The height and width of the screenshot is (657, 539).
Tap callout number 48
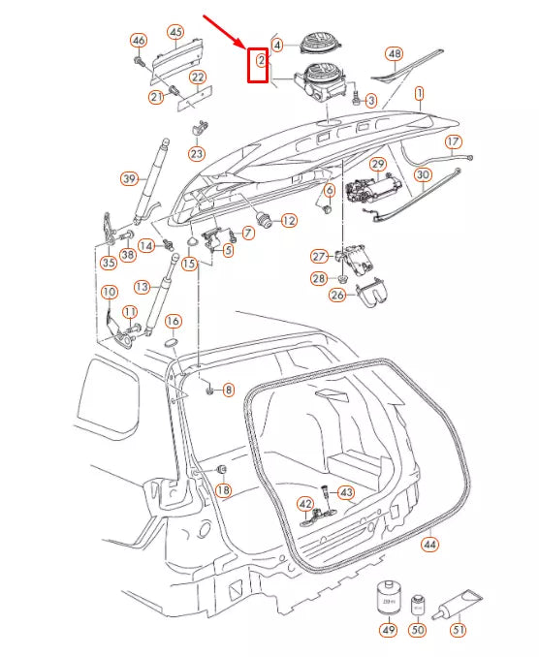[394, 53]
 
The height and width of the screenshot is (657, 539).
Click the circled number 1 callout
[420, 94]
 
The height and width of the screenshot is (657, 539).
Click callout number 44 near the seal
[429, 545]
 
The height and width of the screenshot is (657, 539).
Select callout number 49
[388, 630]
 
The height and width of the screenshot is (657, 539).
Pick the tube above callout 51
[458, 606]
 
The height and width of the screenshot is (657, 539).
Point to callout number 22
[197, 77]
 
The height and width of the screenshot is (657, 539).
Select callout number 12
[288, 221]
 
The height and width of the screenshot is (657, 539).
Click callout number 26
[336, 295]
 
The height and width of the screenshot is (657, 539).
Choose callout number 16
[173, 321]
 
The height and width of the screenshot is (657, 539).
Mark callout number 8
[228, 390]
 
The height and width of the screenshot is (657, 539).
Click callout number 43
[346, 491]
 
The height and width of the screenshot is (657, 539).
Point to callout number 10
[109, 292]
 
